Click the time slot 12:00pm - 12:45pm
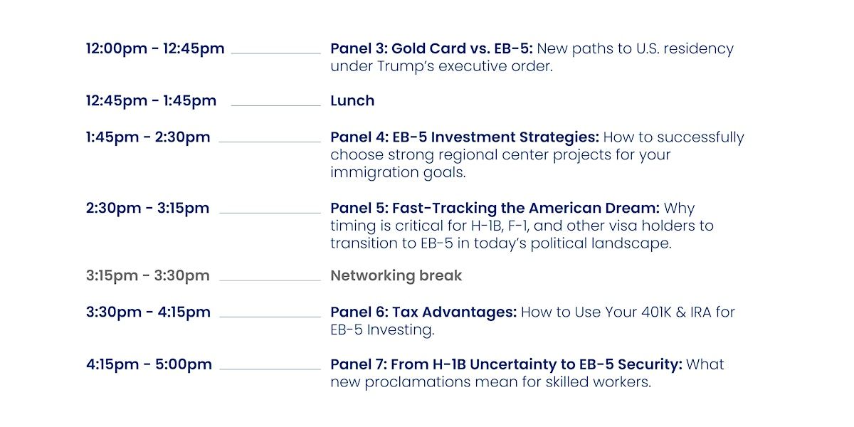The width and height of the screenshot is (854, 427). (x=155, y=49)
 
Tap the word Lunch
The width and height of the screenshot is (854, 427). (x=352, y=100)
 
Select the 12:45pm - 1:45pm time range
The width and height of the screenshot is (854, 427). (x=151, y=101)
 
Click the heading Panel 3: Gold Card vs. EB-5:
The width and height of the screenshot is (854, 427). (x=431, y=48)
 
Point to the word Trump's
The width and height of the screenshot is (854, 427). (x=406, y=66)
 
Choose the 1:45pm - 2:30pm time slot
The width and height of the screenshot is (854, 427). (x=148, y=137)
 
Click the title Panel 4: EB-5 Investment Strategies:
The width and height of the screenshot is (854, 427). (x=465, y=137)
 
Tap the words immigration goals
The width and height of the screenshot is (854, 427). (x=398, y=173)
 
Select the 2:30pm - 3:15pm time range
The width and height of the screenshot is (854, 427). (x=147, y=208)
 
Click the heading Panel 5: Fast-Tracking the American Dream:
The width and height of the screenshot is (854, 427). (x=495, y=208)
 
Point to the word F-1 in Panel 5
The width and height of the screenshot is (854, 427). (x=519, y=226)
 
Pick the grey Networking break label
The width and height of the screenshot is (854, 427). (x=396, y=275)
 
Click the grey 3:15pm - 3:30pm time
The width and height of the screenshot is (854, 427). (x=147, y=275)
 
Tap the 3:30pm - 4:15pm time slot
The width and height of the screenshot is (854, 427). (x=148, y=312)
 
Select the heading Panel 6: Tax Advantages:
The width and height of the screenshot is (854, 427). (x=423, y=312)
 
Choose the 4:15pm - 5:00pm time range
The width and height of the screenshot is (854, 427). (x=149, y=364)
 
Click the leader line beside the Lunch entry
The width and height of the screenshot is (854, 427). (x=275, y=105)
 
